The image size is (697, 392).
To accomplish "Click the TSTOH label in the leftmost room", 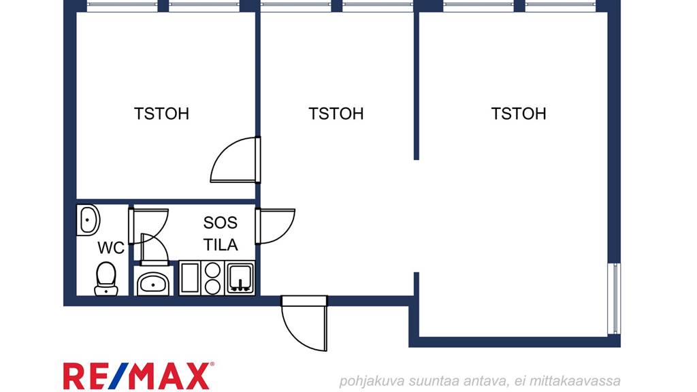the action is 161,114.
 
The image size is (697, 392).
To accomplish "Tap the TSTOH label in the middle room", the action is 336,114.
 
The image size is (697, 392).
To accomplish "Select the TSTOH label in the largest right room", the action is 518,114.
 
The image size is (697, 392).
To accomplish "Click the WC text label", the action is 111,248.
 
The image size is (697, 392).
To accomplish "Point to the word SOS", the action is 221,223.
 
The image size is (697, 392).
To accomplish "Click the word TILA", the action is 221,244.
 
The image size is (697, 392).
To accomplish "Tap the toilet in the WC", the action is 106,278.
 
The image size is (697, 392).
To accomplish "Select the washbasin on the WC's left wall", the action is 88,220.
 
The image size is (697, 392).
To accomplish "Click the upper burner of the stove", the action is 212,269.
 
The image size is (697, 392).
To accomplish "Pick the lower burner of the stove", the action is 212,287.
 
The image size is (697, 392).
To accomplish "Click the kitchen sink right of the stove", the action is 240,278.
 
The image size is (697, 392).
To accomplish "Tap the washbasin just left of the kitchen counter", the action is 153,282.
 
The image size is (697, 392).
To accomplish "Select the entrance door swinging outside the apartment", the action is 305,323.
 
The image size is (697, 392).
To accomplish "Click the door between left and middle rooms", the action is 236,160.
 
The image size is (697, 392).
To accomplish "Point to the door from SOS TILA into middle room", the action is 275,226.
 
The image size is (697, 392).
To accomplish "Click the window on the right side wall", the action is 614,298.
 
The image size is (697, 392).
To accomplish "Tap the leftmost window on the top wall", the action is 123,5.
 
